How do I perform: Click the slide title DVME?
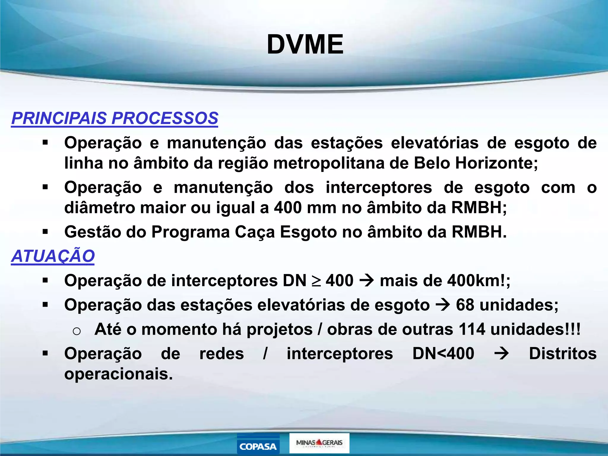coord(305,45)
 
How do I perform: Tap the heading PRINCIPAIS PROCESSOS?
coord(115,118)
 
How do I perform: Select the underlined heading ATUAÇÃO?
coord(53,256)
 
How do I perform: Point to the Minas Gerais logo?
coord(319,443)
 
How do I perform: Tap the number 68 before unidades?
coord(465,305)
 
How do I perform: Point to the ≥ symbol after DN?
coord(316,281)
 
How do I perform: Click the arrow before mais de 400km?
coord(367,281)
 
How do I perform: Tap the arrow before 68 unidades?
coord(443,305)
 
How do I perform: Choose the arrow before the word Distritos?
coord(501,354)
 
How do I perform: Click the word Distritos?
coord(563,354)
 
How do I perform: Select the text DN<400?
coord(443,354)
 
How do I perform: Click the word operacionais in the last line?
coord(118,374)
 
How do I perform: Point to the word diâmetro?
coord(99,208)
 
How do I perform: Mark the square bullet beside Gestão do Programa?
coord(45,232)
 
